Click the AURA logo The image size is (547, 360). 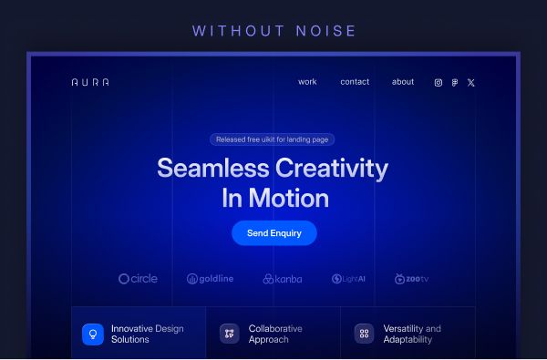point(90,82)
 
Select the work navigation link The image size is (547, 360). point(307,82)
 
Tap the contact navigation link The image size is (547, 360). point(355,82)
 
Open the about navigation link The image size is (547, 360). point(403,82)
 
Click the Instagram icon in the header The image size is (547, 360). point(439,83)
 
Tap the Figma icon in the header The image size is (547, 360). point(455,83)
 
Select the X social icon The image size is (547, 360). point(471,83)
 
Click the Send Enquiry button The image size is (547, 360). point(274,233)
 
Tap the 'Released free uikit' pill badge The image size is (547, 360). point(272,139)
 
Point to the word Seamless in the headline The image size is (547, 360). point(213,168)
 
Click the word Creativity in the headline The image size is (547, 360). point(332,169)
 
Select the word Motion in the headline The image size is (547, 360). point(289,198)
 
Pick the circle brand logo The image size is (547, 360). point(139,279)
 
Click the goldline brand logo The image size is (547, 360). point(210,279)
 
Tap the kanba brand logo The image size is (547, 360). point(283,279)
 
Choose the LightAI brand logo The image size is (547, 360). point(348,279)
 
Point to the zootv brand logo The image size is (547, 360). point(412,279)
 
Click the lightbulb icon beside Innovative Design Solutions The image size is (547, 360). point(93,334)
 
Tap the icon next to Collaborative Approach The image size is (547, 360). point(229,334)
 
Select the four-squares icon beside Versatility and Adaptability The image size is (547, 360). point(364,334)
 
